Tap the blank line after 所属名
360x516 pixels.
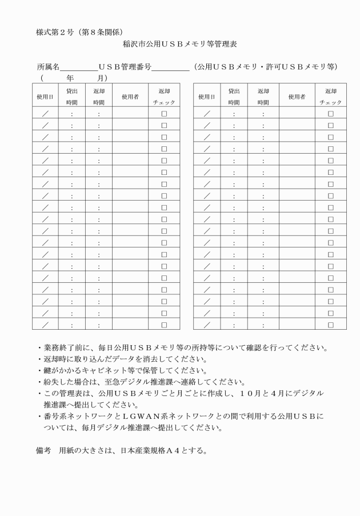click(80, 67)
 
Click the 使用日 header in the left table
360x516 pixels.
click(44, 97)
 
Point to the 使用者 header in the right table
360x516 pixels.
click(297, 97)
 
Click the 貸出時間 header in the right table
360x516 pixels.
click(234, 97)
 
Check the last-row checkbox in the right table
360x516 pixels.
click(330, 325)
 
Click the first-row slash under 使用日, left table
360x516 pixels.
click(44, 114)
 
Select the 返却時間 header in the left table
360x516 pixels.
click(98, 97)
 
